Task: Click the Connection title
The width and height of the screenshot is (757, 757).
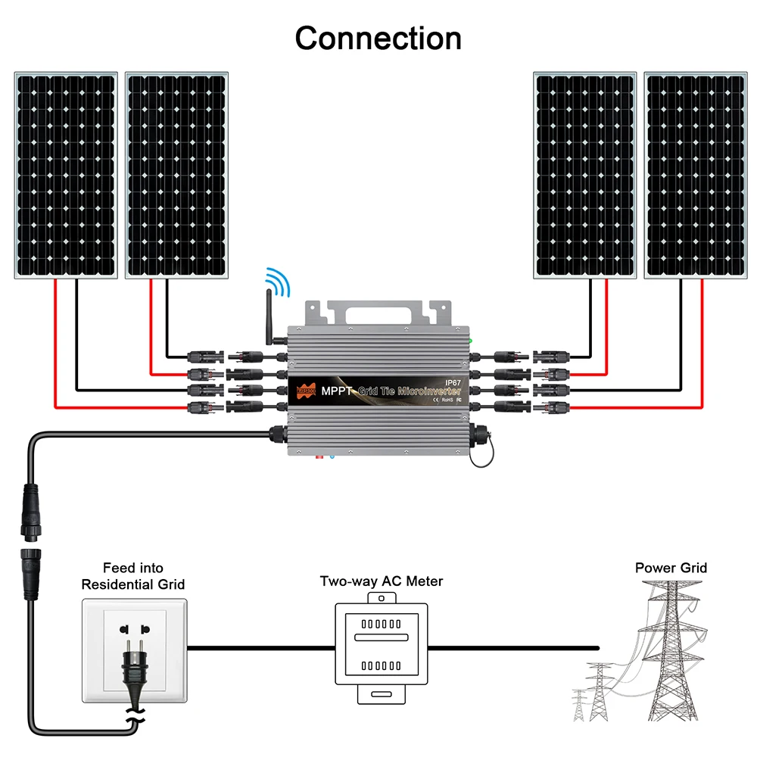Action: [x=378, y=38]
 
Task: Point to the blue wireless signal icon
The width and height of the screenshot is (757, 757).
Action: [x=279, y=282]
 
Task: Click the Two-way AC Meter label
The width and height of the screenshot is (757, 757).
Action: [x=381, y=581]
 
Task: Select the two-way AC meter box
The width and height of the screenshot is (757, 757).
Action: [x=382, y=647]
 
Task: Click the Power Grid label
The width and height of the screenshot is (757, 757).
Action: [x=671, y=568]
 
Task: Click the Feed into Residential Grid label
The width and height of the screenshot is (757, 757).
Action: [x=133, y=576]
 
